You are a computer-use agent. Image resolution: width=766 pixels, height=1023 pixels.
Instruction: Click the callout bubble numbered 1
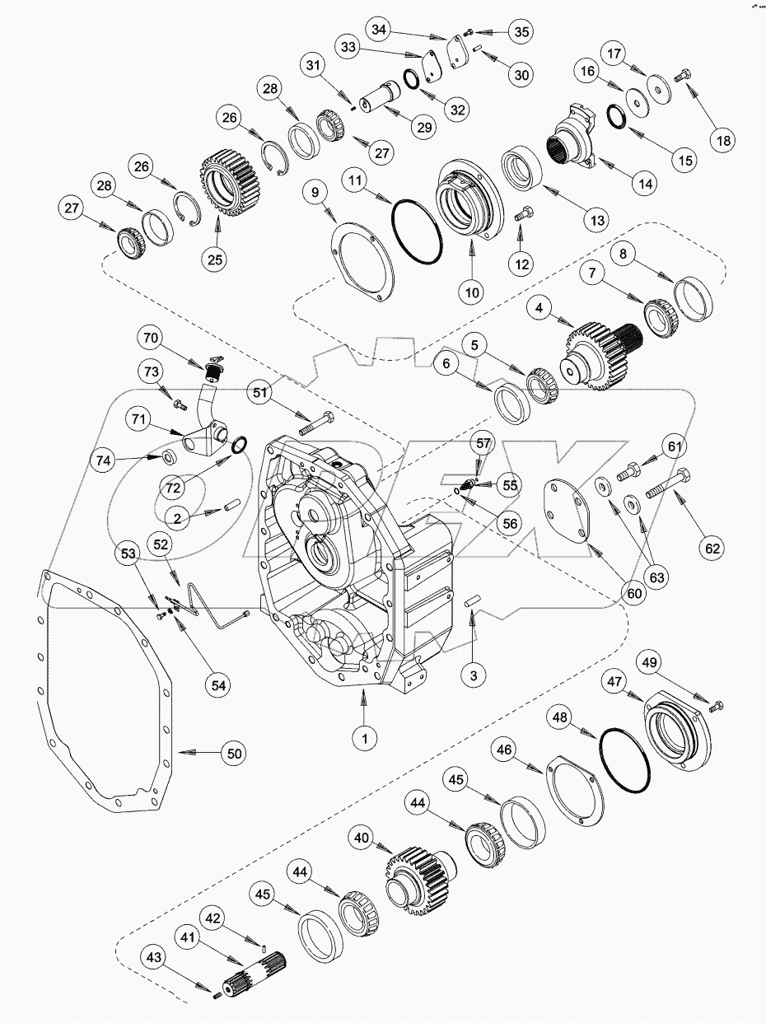(363, 739)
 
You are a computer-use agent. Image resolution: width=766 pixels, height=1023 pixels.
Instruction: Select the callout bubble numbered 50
(236, 753)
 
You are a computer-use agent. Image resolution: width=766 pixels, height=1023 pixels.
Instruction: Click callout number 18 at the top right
(723, 140)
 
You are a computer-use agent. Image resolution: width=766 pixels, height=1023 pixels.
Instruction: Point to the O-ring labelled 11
(418, 232)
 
